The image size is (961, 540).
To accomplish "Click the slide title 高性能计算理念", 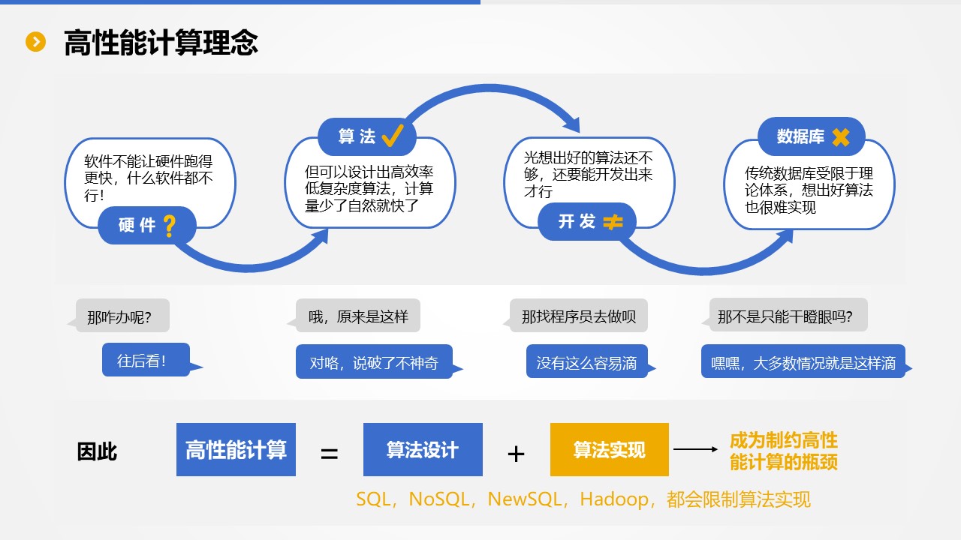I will pyautogui.click(x=161, y=43).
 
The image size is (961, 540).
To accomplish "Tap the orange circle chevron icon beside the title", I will pyautogui.click(x=36, y=42).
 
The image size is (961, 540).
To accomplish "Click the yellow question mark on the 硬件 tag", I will pyautogui.click(x=170, y=225).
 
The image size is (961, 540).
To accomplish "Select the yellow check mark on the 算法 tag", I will pyautogui.click(x=393, y=136).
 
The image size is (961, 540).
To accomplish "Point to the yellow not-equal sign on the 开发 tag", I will pyautogui.click(x=613, y=222).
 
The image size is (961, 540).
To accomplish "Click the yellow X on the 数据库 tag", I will pyautogui.click(x=840, y=136).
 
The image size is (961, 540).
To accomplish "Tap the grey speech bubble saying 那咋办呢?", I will pyautogui.click(x=122, y=316).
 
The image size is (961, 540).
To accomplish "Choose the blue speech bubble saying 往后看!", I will pyautogui.click(x=146, y=360).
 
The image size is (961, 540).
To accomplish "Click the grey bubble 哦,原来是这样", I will pyautogui.click(x=358, y=316).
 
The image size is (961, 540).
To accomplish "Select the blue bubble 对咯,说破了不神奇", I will pyautogui.click(x=374, y=363).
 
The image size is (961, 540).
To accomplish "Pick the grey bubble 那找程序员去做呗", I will pyautogui.click(x=578, y=316).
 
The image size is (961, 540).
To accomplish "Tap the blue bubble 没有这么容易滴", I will pyautogui.click(x=586, y=363).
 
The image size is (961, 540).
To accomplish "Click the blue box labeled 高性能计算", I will pyautogui.click(x=236, y=450).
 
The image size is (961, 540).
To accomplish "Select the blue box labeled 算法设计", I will pyautogui.click(x=423, y=450).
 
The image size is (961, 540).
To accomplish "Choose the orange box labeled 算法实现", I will pyautogui.click(x=609, y=450).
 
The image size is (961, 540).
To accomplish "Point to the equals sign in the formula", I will pyautogui.click(x=330, y=454).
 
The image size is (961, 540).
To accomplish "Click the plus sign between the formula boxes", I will pyautogui.click(x=516, y=454).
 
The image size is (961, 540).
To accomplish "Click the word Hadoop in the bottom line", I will pyautogui.click(x=615, y=499).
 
